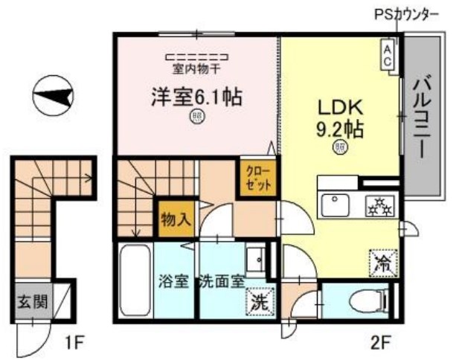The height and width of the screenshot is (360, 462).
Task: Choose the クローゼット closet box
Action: (x=257, y=179)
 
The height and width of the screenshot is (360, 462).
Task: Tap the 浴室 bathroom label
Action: (x=173, y=283)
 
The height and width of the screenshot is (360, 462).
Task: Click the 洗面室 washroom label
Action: (x=221, y=283)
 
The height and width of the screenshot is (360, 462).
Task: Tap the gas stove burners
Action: (x=379, y=204)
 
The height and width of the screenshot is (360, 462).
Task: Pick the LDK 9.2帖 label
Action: (x=339, y=119)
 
